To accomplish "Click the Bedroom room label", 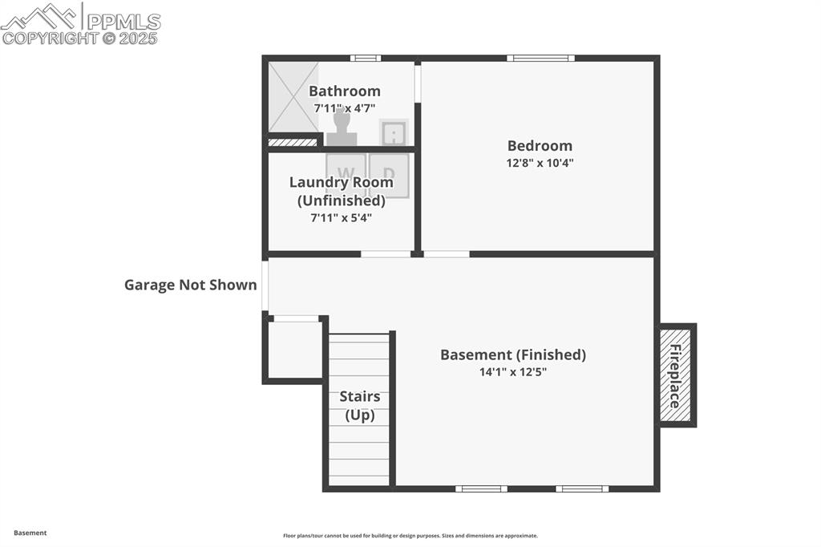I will point(540,146).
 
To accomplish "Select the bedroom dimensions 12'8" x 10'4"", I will point(540,162).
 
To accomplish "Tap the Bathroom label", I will point(344,91).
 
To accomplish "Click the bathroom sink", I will point(393,132).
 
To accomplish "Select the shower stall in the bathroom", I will point(293,97).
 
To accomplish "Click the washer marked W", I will point(346,174).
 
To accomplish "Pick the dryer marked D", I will point(389,174).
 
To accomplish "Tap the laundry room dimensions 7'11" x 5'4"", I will point(341,217).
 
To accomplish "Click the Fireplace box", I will point(677,375).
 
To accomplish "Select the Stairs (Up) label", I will point(359,406).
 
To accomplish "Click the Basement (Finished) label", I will point(512,355).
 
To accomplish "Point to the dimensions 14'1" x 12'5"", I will point(512,371).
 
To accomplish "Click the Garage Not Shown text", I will point(190,285).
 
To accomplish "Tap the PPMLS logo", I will point(80,24).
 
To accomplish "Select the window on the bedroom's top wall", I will point(540,58).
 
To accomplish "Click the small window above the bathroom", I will point(366,58).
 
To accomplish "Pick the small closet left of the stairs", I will point(294,350).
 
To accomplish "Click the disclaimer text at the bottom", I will point(410,536).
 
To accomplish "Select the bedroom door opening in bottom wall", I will point(446,254).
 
